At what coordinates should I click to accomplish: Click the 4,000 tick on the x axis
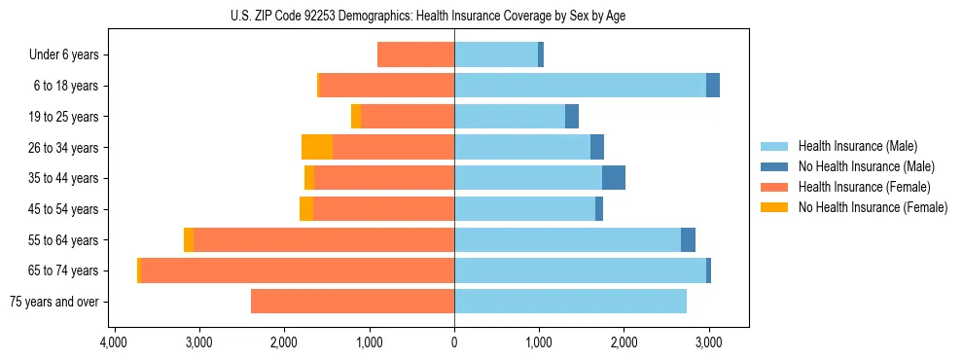click(x=114, y=343)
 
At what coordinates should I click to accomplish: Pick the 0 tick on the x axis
click(x=454, y=343)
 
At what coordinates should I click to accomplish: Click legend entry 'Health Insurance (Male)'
click(x=857, y=146)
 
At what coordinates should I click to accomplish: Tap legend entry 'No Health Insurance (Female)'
click(x=873, y=207)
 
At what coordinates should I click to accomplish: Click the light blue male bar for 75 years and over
click(x=570, y=302)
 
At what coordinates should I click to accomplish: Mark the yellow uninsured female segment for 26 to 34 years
click(x=317, y=147)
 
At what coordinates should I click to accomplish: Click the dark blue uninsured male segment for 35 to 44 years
click(x=614, y=178)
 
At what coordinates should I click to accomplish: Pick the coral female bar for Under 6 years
click(x=415, y=55)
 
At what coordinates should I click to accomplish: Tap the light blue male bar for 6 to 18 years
click(x=580, y=86)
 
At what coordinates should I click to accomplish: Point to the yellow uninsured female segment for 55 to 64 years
click(x=189, y=239)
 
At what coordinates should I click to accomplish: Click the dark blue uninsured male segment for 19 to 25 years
click(x=572, y=117)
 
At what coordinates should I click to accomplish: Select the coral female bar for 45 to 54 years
click(x=383, y=209)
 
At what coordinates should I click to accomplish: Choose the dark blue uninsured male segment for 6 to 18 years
click(x=713, y=86)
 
